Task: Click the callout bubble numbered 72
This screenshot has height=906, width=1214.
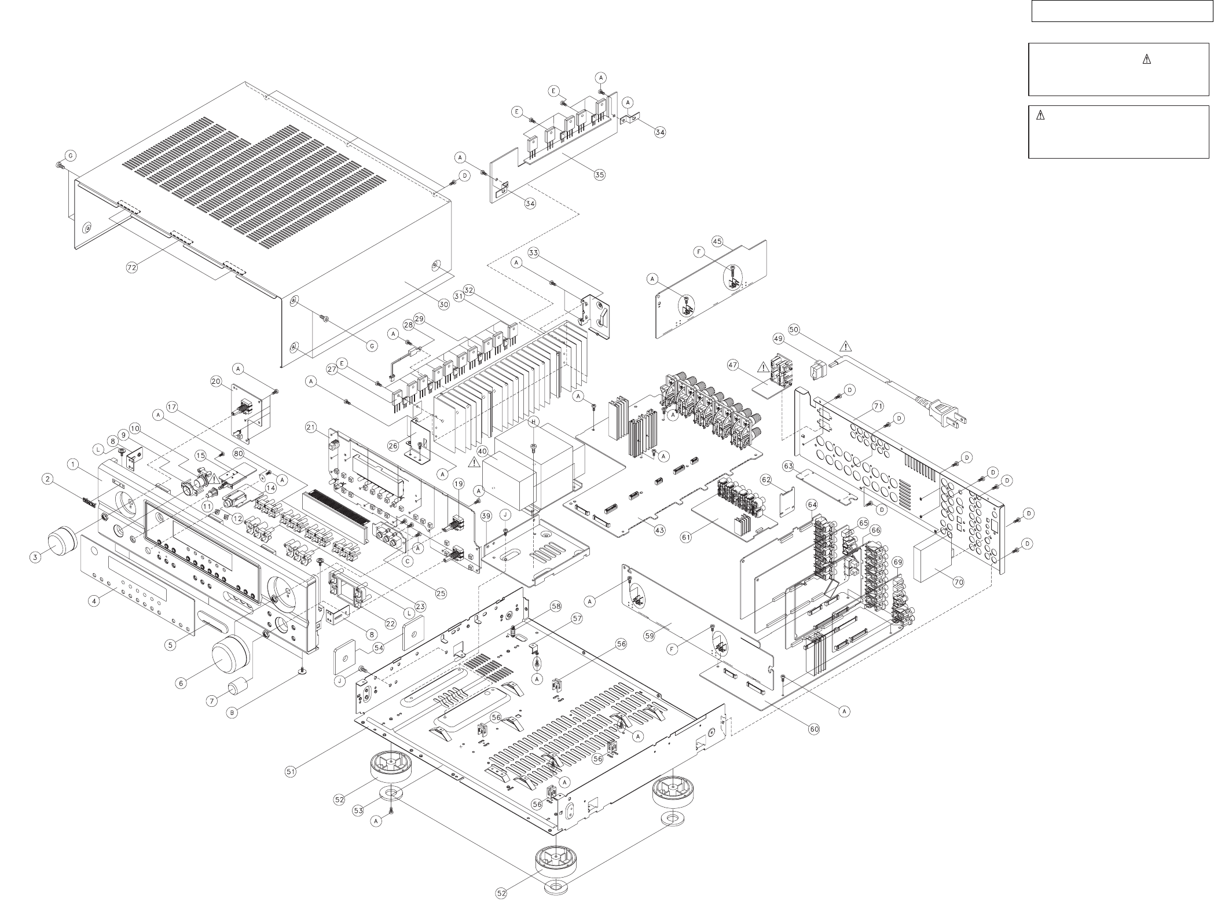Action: [133, 268]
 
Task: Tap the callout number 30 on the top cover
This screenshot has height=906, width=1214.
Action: [443, 304]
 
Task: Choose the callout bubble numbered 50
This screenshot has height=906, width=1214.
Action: [794, 329]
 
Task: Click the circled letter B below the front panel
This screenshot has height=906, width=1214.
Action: [232, 713]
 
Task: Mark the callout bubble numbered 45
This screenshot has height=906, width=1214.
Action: [717, 241]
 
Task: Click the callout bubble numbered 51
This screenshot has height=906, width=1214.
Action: [291, 771]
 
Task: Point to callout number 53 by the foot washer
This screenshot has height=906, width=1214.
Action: [358, 810]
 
